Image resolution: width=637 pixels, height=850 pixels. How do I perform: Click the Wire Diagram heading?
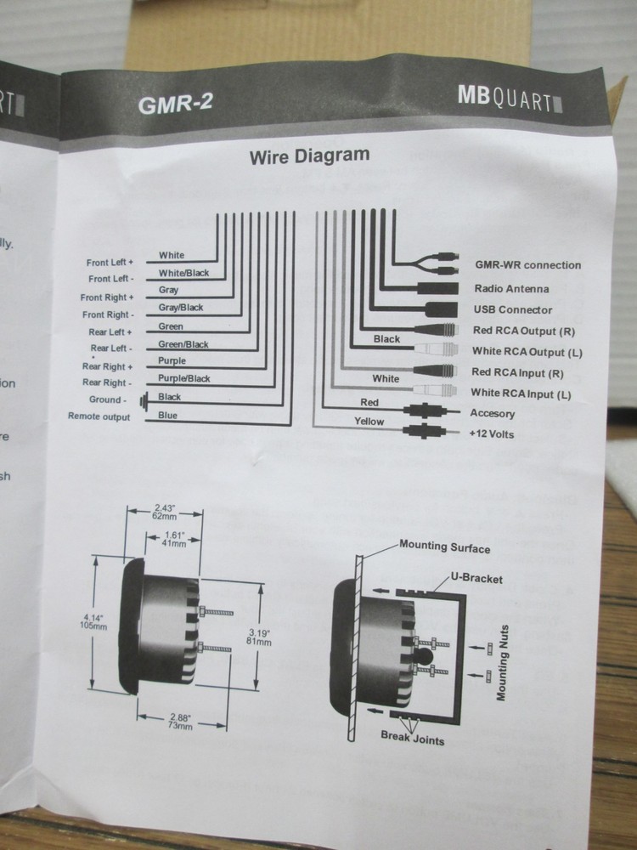[309, 156]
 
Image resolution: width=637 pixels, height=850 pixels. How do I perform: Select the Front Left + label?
[110, 263]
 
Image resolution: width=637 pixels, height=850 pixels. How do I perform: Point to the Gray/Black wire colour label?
[181, 308]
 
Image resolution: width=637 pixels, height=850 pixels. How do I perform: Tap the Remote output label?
[99, 417]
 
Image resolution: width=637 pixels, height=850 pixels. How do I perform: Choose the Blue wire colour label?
[168, 416]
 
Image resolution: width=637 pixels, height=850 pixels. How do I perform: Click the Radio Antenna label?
[511, 289]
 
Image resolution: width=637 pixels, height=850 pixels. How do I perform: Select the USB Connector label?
[513, 310]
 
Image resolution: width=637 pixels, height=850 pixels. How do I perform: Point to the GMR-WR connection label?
[528, 265]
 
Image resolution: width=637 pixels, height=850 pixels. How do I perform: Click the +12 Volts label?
[492, 434]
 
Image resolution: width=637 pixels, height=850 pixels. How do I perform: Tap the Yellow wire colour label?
[369, 422]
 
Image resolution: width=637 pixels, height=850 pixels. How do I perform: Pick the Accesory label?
[493, 414]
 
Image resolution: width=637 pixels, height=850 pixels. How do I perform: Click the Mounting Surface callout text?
[445, 547]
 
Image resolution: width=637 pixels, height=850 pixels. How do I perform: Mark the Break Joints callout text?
[412, 739]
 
